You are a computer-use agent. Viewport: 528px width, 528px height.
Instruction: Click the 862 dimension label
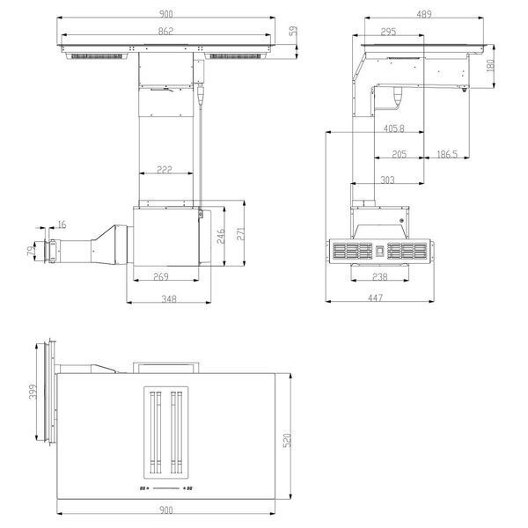[x=165, y=31]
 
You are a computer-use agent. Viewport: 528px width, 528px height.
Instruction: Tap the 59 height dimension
[x=294, y=31]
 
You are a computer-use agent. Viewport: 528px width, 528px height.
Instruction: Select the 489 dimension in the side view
[x=424, y=14]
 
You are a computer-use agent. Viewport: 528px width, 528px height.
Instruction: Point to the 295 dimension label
[x=388, y=32]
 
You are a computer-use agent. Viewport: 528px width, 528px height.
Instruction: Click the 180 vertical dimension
[x=491, y=65]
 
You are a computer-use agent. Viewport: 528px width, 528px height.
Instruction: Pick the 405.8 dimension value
[x=394, y=128]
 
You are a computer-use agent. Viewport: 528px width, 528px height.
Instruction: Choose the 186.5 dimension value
[x=447, y=154]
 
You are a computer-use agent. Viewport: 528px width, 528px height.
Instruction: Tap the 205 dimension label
[x=400, y=154]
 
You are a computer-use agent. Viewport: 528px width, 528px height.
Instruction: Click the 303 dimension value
[x=387, y=180]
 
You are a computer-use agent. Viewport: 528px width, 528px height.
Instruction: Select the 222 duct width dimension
[x=165, y=169]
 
